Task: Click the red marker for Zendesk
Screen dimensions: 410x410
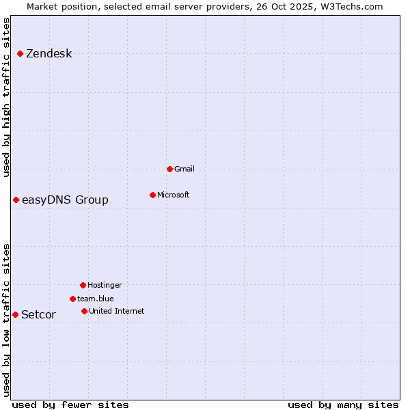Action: [20, 53]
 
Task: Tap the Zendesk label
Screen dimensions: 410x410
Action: [49, 54]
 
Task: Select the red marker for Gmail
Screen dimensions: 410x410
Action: [169, 169]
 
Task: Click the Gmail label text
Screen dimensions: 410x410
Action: [184, 169]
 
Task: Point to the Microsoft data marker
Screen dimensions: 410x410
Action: [152, 195]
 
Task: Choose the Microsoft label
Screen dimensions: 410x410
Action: [173, 195]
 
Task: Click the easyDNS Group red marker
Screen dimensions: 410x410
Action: [16, 200]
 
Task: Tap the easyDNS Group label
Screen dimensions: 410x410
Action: [65, 200]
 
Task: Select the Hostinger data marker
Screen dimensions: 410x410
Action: [83, 285]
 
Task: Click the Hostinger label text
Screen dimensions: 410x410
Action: [105, 285]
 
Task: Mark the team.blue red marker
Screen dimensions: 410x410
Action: [72, 299]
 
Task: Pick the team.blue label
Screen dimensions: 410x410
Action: [95, 299]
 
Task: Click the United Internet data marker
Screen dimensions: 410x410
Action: [84, 311]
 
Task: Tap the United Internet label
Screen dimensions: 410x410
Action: [116, 311]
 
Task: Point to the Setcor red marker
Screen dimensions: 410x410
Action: [15, 314]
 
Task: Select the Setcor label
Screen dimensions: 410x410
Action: [38, 314]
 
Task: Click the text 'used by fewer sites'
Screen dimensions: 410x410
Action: [70, 405]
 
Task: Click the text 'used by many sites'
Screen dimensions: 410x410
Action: [343, 405]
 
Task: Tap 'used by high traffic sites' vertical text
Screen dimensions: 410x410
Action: [6, 97]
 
